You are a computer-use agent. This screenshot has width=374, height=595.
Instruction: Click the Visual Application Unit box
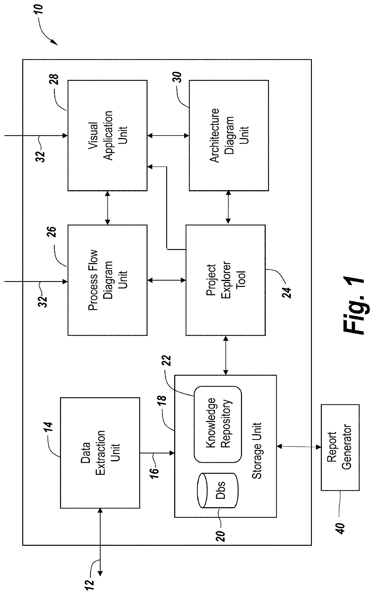click(107, 135)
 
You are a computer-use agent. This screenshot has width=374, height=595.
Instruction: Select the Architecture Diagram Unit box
click(229, 135)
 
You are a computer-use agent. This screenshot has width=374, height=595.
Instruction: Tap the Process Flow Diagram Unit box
click(107, 280)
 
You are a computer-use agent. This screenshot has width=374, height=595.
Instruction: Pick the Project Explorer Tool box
click(226, 280)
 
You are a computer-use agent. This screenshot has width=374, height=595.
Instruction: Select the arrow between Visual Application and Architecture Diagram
click(168, 136)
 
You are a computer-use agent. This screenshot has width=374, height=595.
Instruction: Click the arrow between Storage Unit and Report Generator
click(299, 446)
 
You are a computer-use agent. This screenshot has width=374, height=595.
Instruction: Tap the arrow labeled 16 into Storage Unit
click(157, 453)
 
